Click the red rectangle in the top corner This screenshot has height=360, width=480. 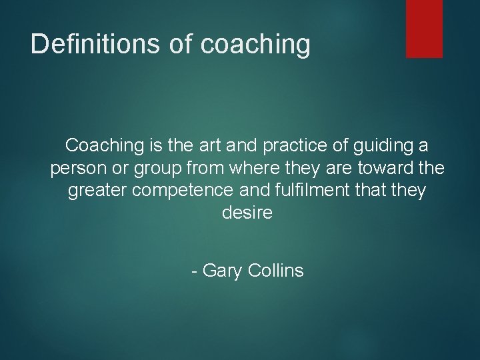click(425, 28)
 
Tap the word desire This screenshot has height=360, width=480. click(246, 214)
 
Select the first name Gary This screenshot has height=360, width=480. click(223, 271)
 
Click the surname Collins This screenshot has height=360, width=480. click(275, 271)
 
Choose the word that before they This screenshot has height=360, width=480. click(370, 191)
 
